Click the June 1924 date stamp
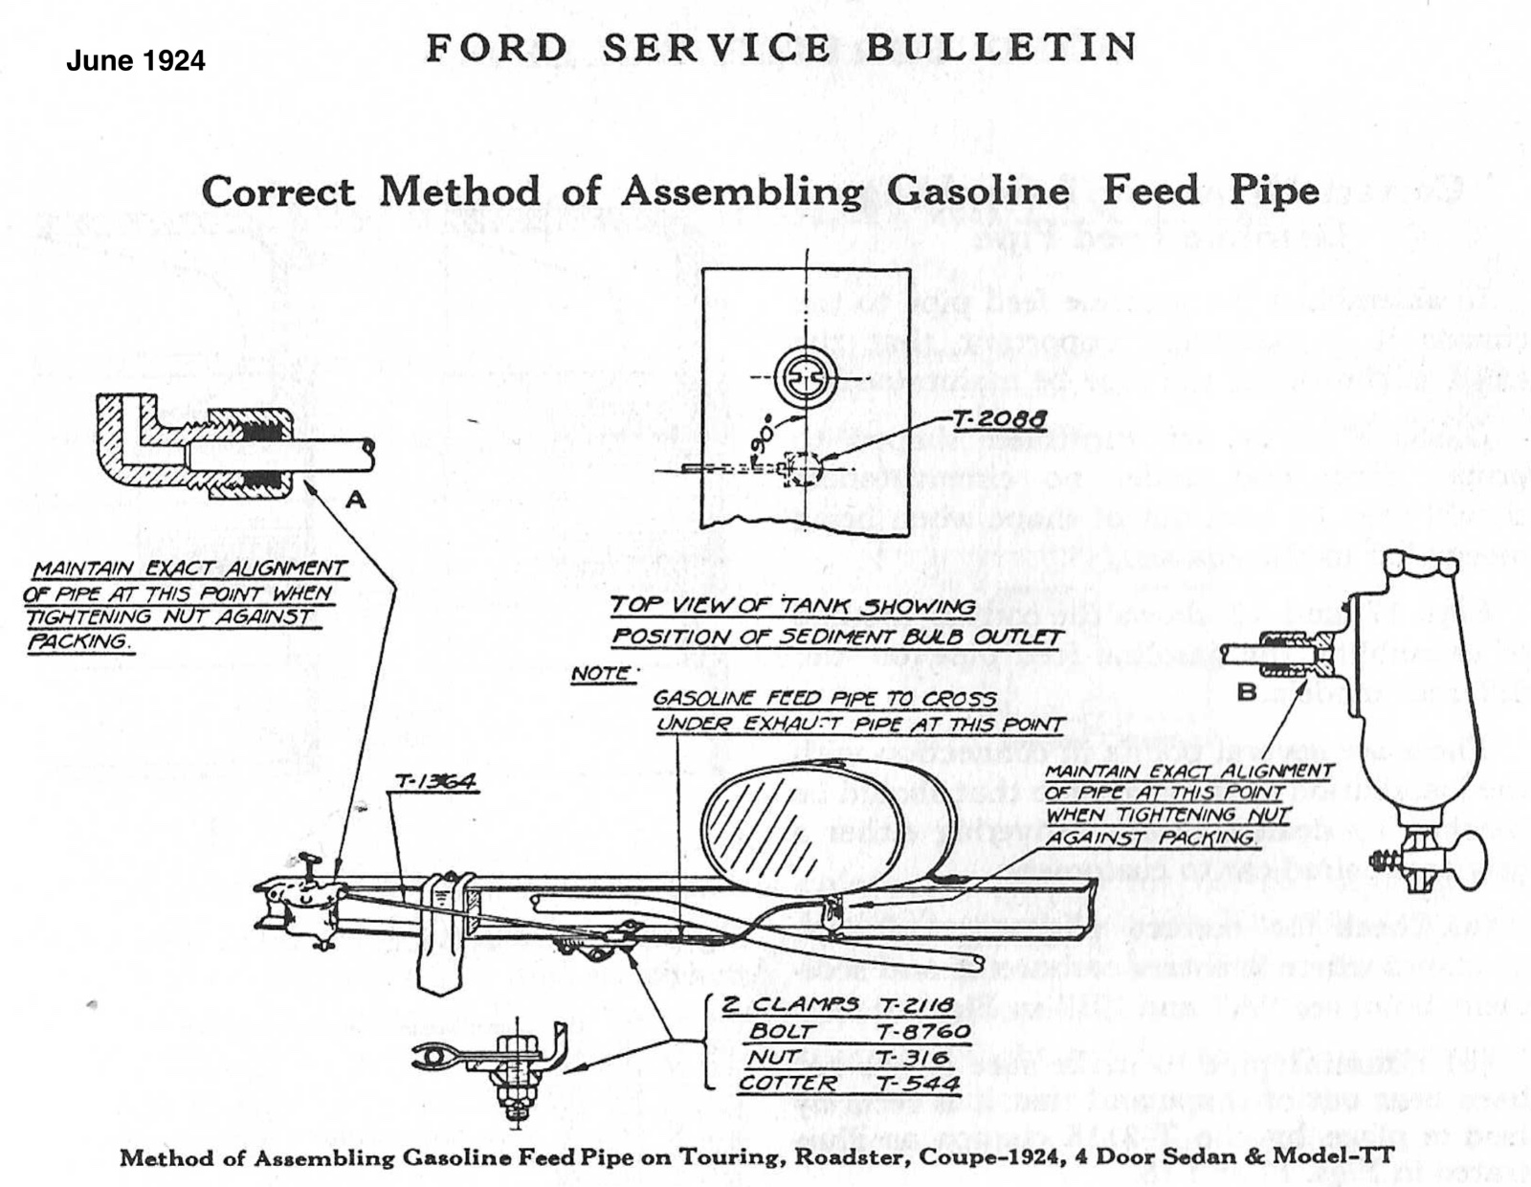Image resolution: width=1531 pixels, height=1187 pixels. (x=135, y=61)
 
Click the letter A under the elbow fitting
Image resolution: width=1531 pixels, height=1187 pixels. (x=356, y=499)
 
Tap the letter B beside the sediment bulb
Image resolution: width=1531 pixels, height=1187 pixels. (x=1247, y=692)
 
